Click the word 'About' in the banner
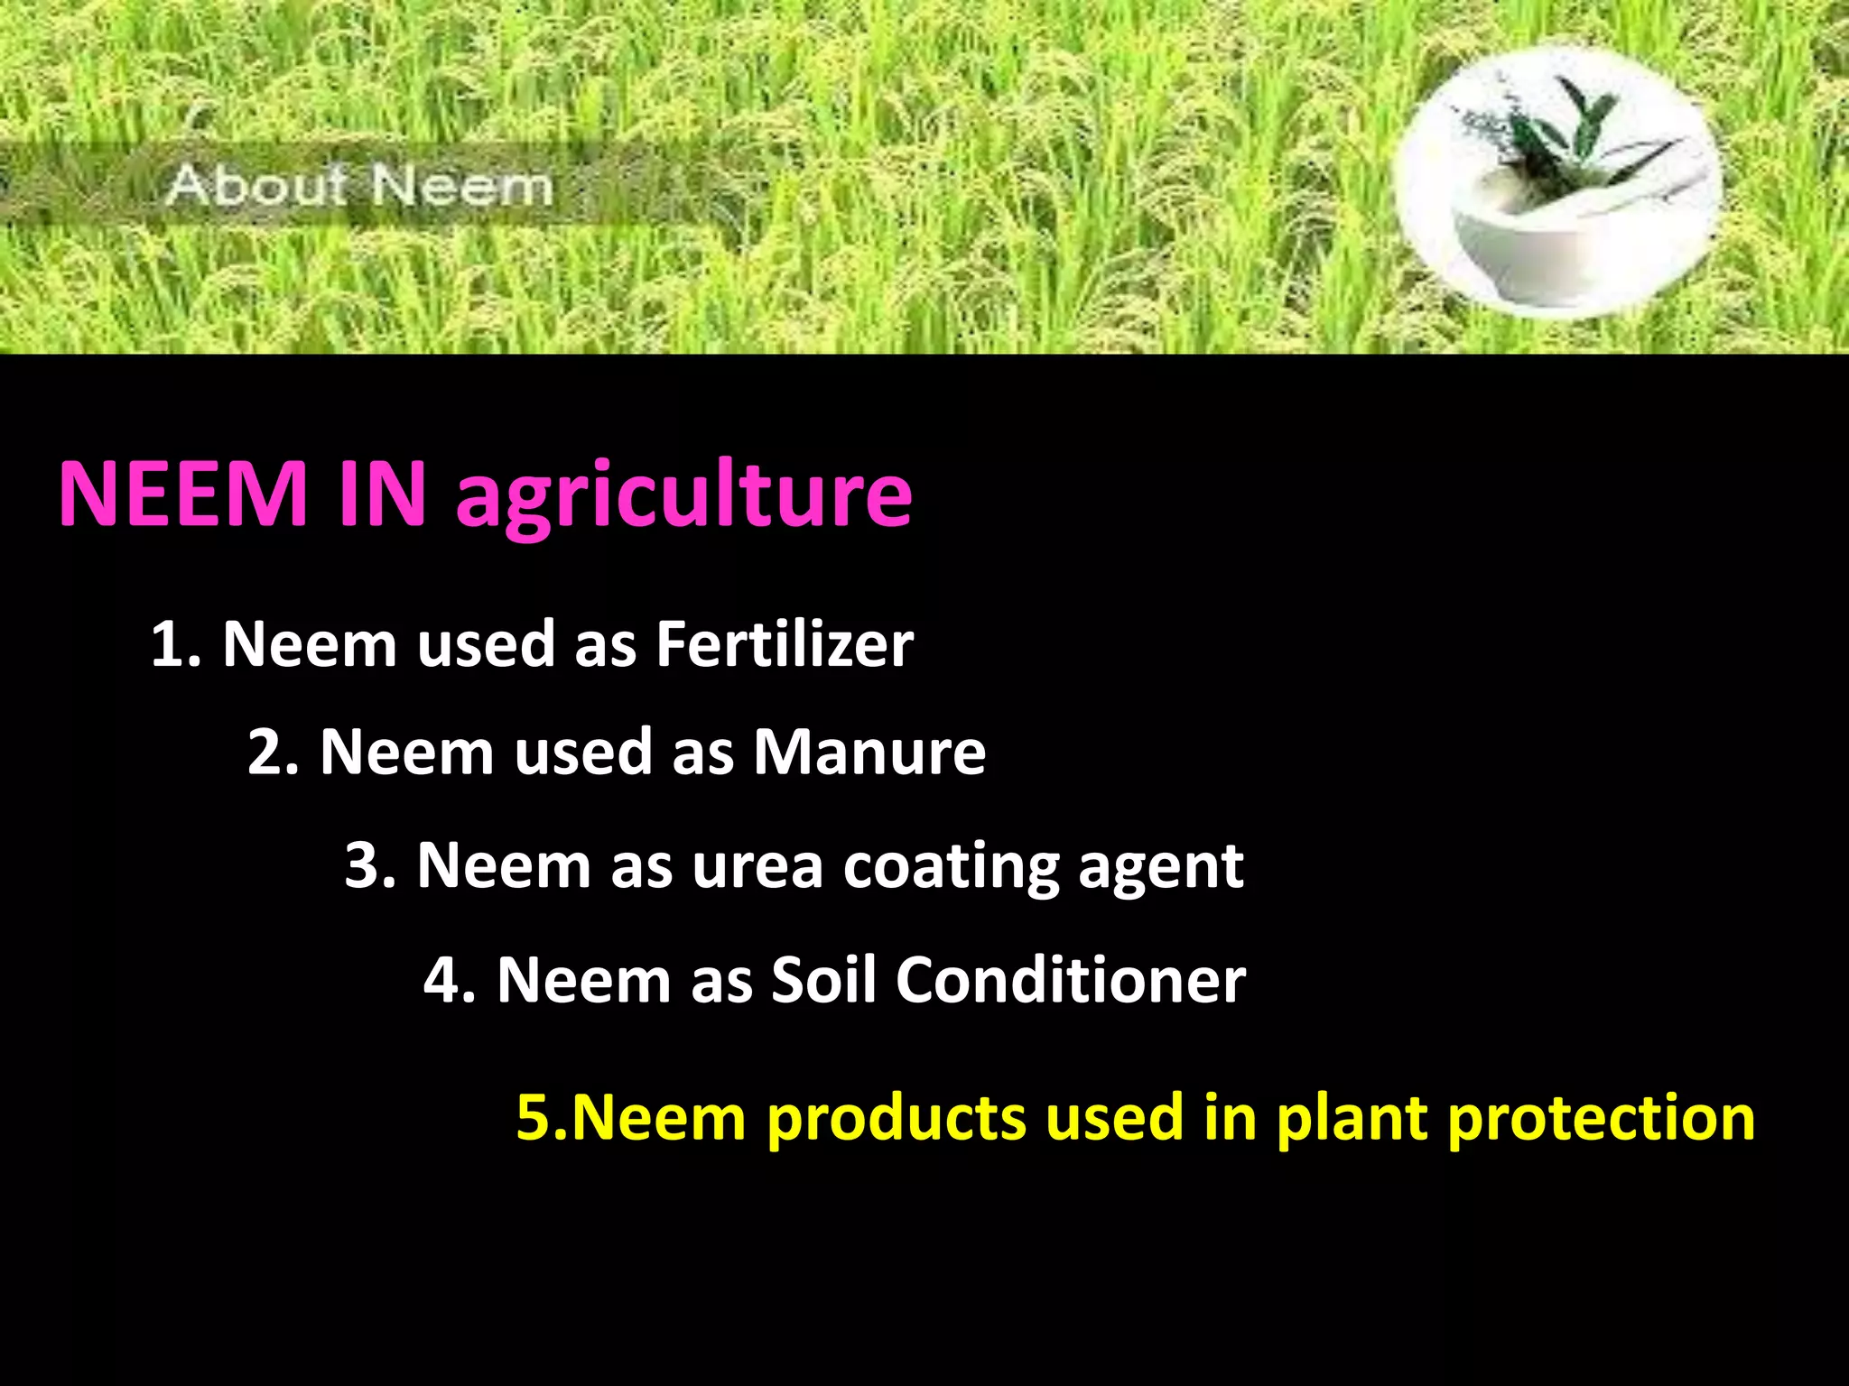[x=256, y=186]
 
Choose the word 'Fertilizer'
[x=784, y=644]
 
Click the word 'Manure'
[x=869, y=752]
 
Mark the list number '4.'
[x=450, y=979]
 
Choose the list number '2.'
[x=273, y=752]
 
